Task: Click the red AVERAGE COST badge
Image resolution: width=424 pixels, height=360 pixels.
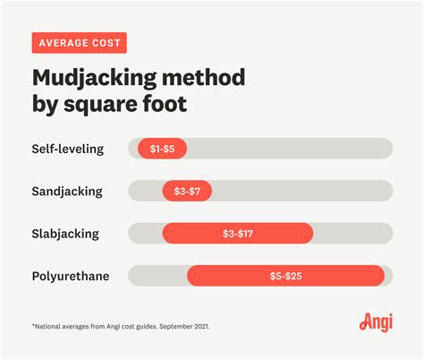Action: click(x=79, y=43)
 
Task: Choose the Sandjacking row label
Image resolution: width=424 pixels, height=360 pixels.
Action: click(x=66, y=191)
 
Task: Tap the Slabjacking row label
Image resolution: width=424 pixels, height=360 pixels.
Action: click(x=65, y=234)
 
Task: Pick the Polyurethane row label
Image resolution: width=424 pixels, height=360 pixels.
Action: click(x=70, y=276)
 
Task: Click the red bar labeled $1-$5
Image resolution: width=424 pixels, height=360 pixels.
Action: click(x=162, y=149)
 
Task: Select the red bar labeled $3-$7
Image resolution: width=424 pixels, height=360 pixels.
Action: click(x=186, y=191)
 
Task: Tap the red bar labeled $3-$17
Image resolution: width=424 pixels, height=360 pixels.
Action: click(x=237, y=234)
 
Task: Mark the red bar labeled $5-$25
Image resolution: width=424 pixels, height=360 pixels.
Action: click(x=285, y=276)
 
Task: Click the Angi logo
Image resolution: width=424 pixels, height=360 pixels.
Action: click(x=376, y=321)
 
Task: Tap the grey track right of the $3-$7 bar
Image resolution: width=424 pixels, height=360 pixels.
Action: click(x=301, y=191)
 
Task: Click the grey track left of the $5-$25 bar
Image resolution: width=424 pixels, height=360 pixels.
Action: click(x=157, y=276)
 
